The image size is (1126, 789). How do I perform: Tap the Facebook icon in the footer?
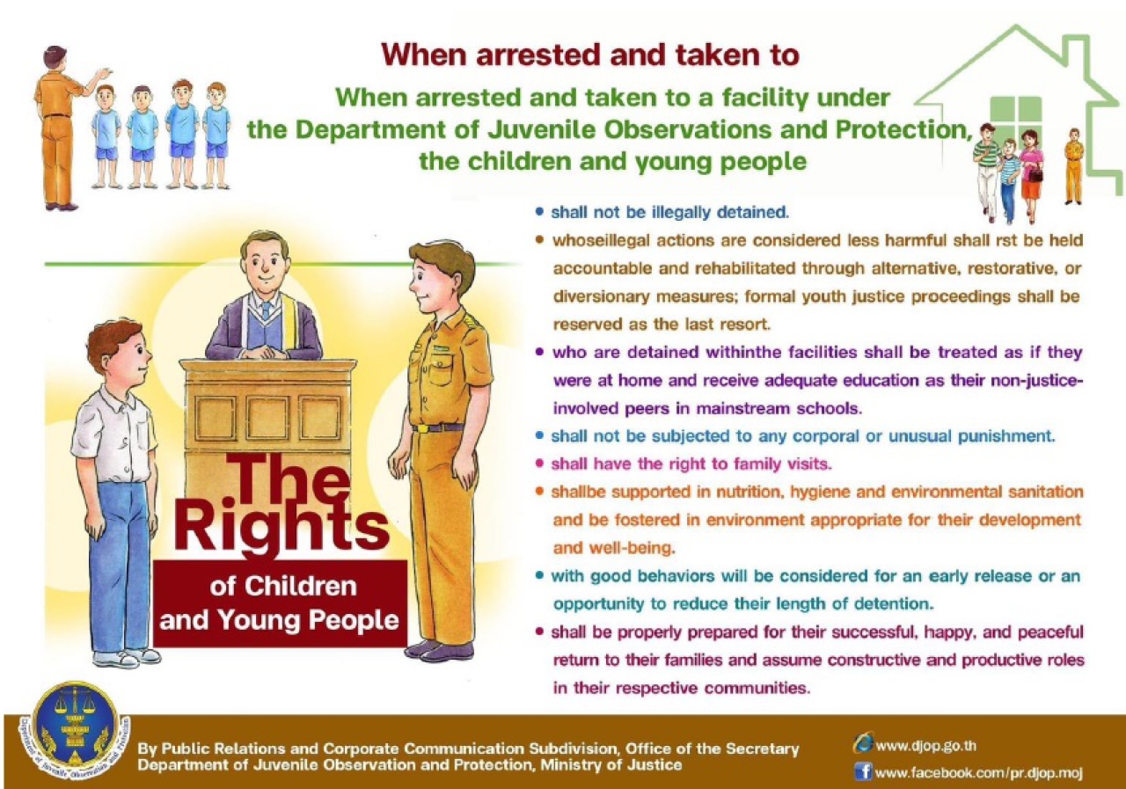click(x=863, y=771)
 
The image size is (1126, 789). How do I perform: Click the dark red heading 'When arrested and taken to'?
click(x=590, y=55)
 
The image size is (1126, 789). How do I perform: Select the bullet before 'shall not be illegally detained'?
click(x=540, y=212)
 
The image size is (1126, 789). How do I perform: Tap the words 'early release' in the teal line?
click(x=980, y=576)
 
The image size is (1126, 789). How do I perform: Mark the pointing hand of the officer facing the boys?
click(x=105, y=73)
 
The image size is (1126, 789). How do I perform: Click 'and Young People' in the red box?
click(x=279, y=620)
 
